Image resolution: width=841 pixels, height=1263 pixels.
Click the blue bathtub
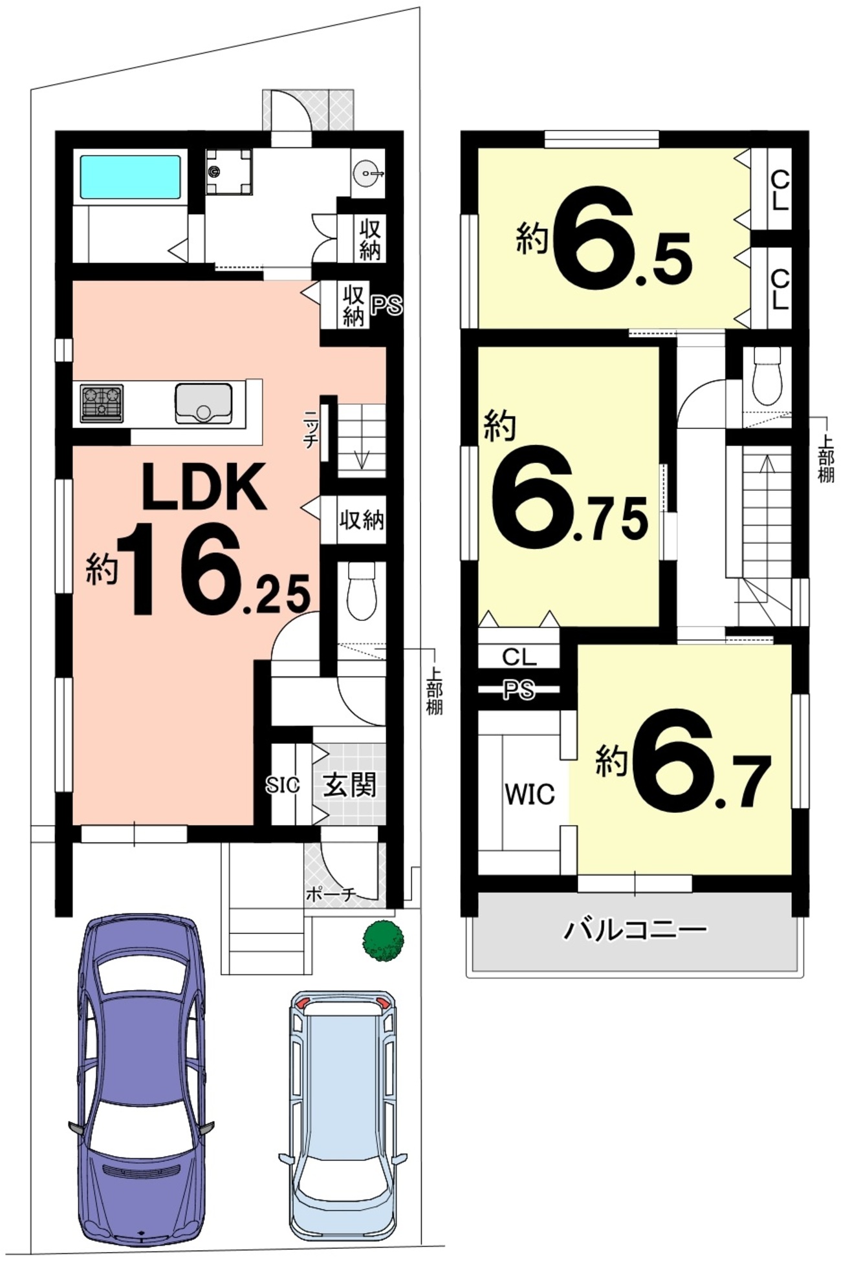(129, 177)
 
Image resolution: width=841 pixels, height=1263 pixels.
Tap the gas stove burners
(102, 404)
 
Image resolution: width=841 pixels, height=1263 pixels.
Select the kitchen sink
(203, 404)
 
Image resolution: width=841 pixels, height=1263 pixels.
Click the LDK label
(204, 486)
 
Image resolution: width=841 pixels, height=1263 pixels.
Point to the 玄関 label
(349, 785)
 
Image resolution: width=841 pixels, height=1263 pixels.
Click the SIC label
(283, 785)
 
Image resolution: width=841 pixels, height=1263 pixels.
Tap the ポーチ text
(331, 895)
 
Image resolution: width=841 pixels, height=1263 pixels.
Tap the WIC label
(529, 794)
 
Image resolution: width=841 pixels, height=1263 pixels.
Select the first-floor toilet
(361, 591)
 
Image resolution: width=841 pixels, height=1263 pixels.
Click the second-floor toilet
(767, 376)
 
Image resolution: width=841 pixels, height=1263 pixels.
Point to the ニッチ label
(311, 429)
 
